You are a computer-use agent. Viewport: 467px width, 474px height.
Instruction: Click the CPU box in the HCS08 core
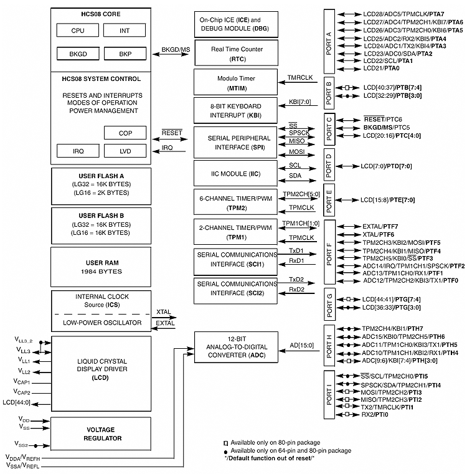click(x=78, y=30)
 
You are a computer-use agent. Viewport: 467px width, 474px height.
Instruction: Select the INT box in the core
click(x=124, y=30)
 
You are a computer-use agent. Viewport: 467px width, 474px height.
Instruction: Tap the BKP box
click(x=124, y=54)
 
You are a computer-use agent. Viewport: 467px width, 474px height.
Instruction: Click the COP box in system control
click(x=124, y=133)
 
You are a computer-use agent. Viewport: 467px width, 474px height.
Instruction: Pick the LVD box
click(x=124, y=151)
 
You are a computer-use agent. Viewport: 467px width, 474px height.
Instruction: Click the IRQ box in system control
click(x=78, y=151)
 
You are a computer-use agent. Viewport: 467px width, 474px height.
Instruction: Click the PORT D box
click(x=329, y=166)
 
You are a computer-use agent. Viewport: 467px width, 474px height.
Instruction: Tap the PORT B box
click(x=329, y=91)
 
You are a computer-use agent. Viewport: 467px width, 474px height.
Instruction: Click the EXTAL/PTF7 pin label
click(x=380, y=226)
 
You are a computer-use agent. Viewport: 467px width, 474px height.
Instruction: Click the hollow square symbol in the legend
click(x=226, y=442)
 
